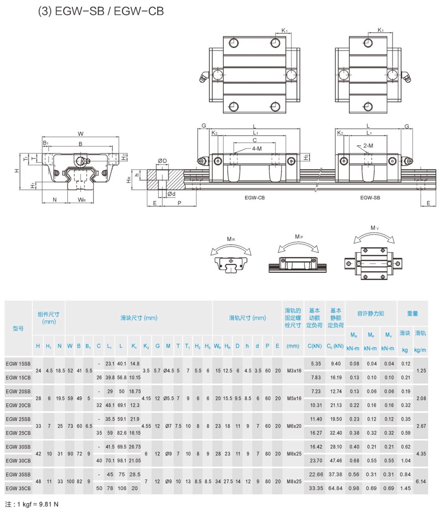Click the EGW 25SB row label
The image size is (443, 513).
[x=18, y=419]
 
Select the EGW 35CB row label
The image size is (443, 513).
[x=18, y=489]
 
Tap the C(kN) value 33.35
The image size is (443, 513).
[x=316, y=489]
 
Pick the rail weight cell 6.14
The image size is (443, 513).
[x=421, y=482]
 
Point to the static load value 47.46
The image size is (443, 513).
[x=336, y=461]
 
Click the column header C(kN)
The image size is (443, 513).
[x=315, y=346]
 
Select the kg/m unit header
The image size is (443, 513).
[x=420, y=350]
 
